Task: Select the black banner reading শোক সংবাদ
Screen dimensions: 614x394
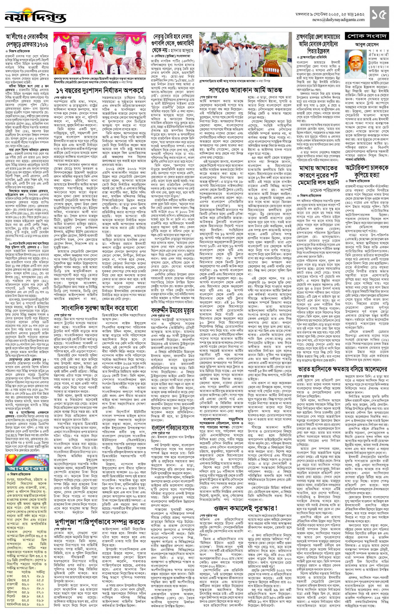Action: pyautogui.click(x=367, y=36)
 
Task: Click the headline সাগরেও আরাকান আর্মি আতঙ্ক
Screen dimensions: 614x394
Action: pyautogui.click(x=245, y=90)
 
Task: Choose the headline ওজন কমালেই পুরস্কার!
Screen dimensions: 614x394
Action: pyautogui.click(x=245, y=508)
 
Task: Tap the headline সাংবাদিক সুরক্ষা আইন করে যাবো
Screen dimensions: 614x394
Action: pyautogui.click(x=100, y=308)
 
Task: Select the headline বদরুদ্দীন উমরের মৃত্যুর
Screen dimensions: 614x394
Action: pyautogui.click(x=172, y=311)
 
